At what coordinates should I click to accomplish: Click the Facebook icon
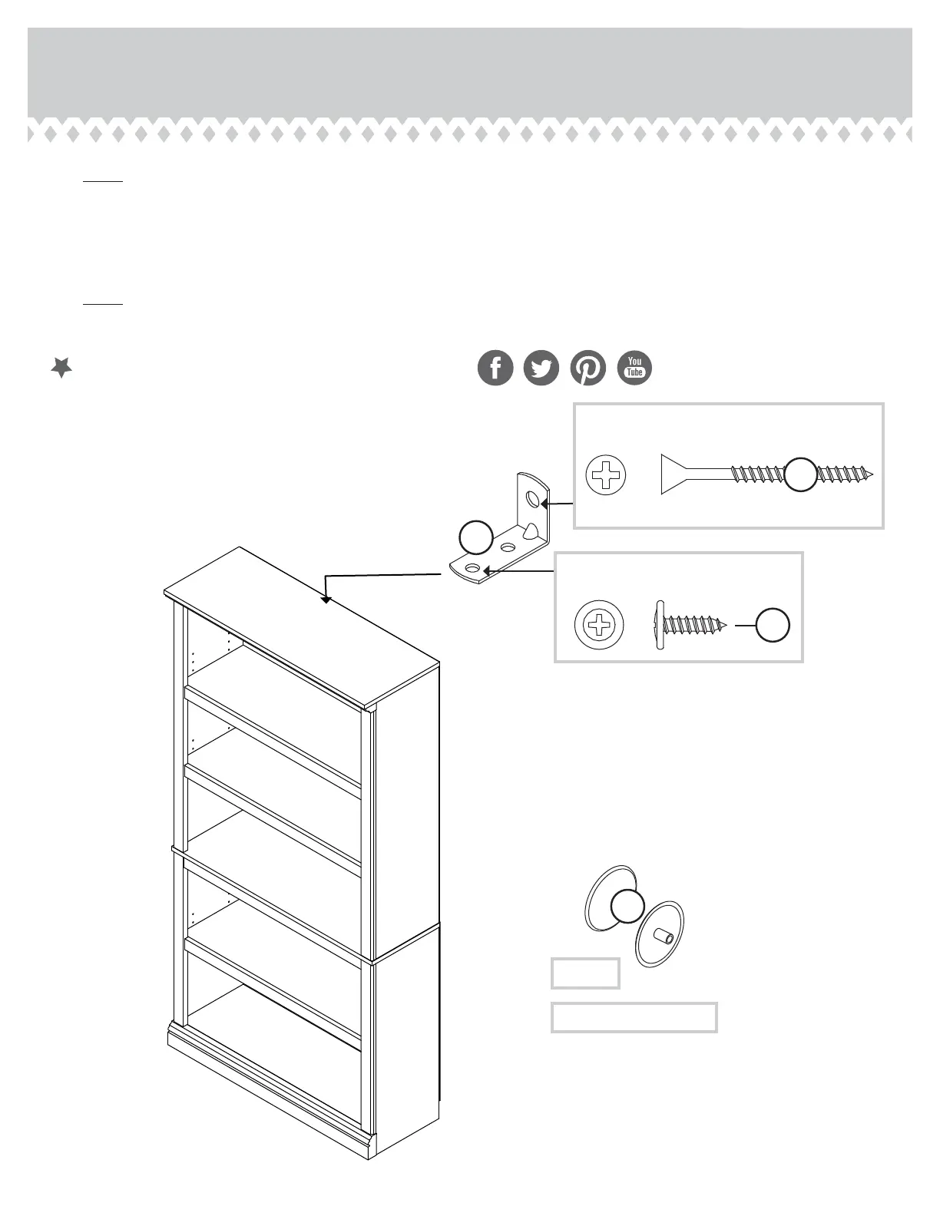[x=495, y=368]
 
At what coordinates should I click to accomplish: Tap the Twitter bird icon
[x=541, y=368]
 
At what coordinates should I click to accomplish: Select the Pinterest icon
[x=588, y=368]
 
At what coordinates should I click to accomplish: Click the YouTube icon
[x=634, y=368]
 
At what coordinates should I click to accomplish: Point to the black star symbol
[x=61, y=368]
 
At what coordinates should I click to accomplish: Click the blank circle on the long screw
[x=800, y=474]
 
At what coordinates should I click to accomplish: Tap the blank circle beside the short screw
[x=773, y=625]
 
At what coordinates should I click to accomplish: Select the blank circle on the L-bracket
[x=475, y=537]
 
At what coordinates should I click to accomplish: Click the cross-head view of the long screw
[x=606, y=474]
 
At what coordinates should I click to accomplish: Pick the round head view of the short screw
[x=599, y=625]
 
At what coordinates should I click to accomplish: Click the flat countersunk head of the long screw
[x=674, y=474]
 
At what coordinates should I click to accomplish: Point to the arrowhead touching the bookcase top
[x=326, y=599]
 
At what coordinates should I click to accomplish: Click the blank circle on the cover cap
[x=627, y=907]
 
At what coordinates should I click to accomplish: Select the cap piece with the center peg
[x=660, y=933]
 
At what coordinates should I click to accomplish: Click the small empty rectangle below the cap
[x=585, y=973]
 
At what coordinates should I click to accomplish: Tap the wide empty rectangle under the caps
[x=634, y=1017]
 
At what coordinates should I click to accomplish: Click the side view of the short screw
[x=689, y=625]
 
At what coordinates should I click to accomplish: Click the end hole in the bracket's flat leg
[x=472, y=568]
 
